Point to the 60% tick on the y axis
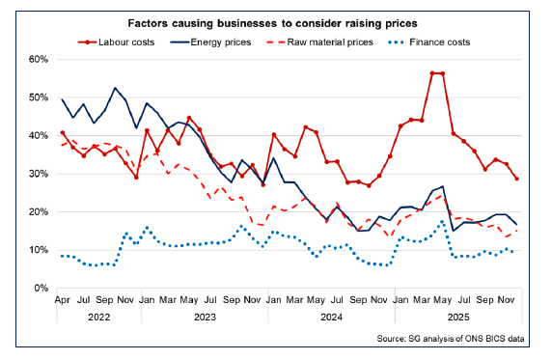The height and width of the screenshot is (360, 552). coord(38,59)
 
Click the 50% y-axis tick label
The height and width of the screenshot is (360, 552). coord(38,97)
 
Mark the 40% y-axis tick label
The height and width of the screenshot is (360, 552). coord(38,135)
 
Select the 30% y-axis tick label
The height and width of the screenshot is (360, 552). coord(38,174)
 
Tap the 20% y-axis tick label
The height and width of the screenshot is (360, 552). coord(38,211)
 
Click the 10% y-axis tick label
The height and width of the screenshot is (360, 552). coord(38,250)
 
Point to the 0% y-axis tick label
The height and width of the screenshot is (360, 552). coord(41,288)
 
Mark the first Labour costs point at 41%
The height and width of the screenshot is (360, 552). coord(63,133)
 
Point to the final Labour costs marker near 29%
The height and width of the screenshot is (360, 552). coord(517,179)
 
